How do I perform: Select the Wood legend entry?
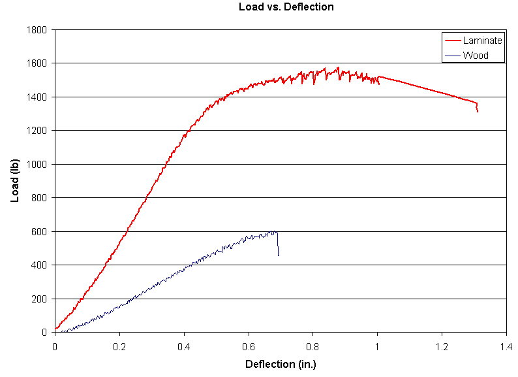tap(476, 56)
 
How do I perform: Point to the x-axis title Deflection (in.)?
tap(281, 363)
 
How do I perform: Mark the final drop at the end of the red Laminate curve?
tap(477, 108)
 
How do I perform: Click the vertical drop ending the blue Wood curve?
tap(278, 245)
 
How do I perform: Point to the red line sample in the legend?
tap(452, 41)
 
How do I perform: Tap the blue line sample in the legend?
tap(452, 56)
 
